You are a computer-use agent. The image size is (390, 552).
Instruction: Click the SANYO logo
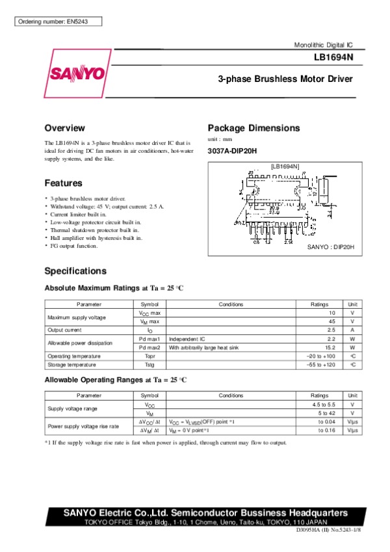(75, 73)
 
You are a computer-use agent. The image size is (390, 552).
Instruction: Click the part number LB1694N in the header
(333, 57)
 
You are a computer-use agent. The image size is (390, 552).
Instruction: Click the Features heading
(63, 183)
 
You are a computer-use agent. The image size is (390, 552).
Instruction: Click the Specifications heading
(75, 271)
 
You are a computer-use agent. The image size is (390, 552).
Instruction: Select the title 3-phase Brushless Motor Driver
(285, 79)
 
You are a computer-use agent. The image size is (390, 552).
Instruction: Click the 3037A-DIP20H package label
(232, 151)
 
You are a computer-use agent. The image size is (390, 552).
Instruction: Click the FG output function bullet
(74, 246)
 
